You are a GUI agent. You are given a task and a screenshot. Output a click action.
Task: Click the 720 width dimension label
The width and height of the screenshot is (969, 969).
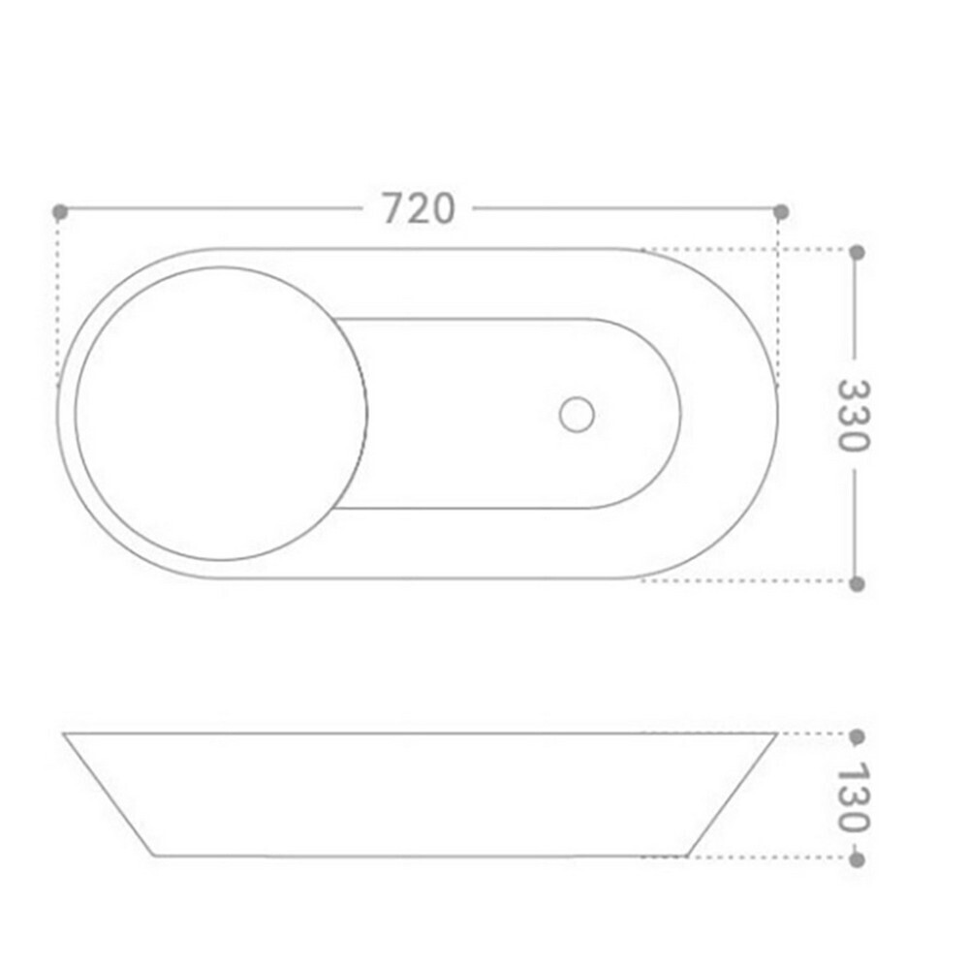[419, 208]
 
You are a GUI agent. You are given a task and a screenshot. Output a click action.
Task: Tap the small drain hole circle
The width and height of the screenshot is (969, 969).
[577, 415]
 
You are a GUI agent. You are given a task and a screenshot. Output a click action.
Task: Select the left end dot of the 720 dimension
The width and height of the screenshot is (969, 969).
[60, 212]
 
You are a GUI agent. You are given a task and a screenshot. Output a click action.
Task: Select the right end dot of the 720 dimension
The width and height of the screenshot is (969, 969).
[781, 212]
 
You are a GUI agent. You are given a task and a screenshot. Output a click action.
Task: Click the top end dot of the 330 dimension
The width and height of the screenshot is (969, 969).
[858, 252]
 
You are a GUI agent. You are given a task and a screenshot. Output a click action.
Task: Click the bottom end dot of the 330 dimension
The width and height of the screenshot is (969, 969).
[858, 584]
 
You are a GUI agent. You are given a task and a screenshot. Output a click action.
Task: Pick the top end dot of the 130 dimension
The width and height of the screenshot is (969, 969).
[858, 736]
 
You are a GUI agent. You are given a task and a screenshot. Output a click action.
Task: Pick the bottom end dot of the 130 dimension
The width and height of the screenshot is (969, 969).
[858, 860]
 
